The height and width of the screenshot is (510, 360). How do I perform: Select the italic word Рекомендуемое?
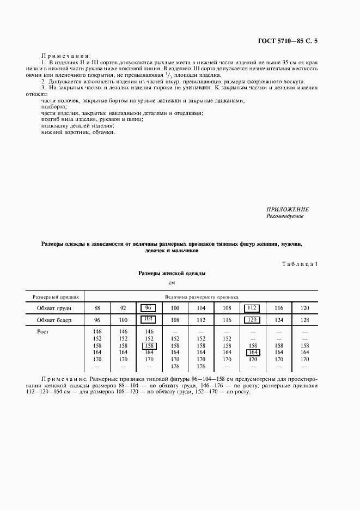285,216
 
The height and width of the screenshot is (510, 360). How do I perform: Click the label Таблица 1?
300,264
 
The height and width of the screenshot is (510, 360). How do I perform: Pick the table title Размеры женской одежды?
172,274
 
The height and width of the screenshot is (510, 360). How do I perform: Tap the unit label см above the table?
172,283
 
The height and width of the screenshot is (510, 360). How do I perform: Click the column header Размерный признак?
56,297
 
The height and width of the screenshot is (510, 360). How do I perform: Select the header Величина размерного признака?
202,297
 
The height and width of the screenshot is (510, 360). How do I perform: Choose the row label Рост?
44,331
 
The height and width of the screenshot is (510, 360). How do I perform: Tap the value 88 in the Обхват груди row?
97,308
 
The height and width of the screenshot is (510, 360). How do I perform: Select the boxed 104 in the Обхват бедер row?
148,320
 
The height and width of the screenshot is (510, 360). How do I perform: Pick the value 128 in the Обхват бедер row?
304,320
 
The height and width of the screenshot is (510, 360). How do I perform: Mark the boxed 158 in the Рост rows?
148,345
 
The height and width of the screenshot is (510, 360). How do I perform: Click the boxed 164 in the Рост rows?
252,353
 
